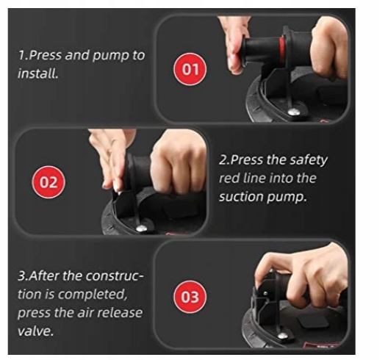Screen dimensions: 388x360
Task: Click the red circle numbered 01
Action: [190, 69]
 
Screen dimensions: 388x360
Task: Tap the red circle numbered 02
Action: [48, 182]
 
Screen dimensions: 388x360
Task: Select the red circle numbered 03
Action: [190, 297]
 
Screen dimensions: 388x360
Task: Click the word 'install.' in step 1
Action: [38, 73]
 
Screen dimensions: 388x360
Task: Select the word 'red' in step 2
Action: [229, 179]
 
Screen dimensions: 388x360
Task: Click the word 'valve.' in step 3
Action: [35, 331]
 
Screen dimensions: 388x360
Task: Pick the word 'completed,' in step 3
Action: [93, 295]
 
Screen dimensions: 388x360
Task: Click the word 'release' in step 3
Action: [120, 313]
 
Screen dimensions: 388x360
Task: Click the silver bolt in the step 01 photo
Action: [294, 112]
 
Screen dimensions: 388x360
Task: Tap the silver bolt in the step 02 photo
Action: [142, 228]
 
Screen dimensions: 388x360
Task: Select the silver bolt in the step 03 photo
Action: [282, 336]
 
